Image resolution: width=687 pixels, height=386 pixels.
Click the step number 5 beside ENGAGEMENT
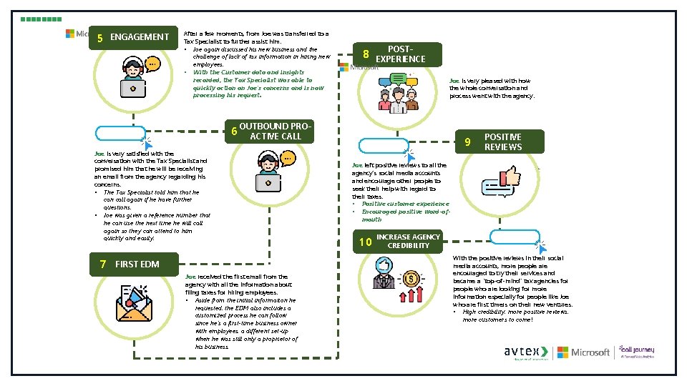(100, 38)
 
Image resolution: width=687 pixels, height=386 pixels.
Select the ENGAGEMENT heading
(140, 37)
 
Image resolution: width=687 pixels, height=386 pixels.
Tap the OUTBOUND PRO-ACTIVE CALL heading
(275, 132)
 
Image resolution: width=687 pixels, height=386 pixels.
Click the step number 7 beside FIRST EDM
(104, 264)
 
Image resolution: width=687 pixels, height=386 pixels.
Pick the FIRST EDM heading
(137, 264)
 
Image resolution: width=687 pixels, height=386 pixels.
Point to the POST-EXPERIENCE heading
(400, 54)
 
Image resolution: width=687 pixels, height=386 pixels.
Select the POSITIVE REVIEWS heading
(503, 142)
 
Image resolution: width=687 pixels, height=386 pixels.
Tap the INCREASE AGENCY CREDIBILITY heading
(409, 241)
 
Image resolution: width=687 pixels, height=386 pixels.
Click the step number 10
(365, 242)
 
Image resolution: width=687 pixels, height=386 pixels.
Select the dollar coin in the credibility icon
(410, 277)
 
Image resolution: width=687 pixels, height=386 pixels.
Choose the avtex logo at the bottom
(526, 352)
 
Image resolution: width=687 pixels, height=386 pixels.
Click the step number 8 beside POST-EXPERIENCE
(366, 54)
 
